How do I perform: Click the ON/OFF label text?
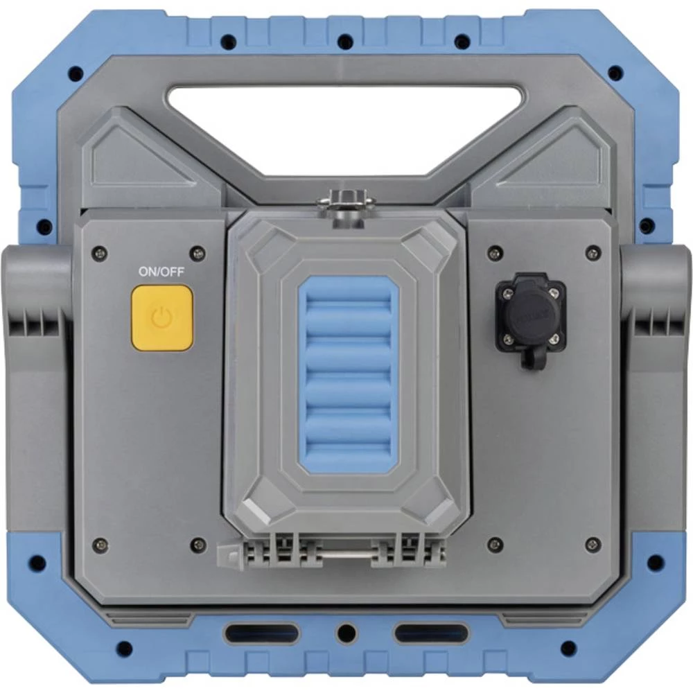[x=161, y=272]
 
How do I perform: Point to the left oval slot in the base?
[x=261, y=633]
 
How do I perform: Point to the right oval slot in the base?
[x=431, y=633]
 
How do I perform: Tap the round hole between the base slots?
[x=346, y=633]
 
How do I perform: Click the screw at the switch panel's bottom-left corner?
[x=100, y=544]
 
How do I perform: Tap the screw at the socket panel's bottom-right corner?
[x=593, y=544]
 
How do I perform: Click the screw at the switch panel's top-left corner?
[x=100, y=254]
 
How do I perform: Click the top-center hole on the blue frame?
[x=345, y=42]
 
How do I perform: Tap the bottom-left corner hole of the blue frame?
[x=124, y=649]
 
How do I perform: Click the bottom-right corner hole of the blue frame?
[x=568, y=649]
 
